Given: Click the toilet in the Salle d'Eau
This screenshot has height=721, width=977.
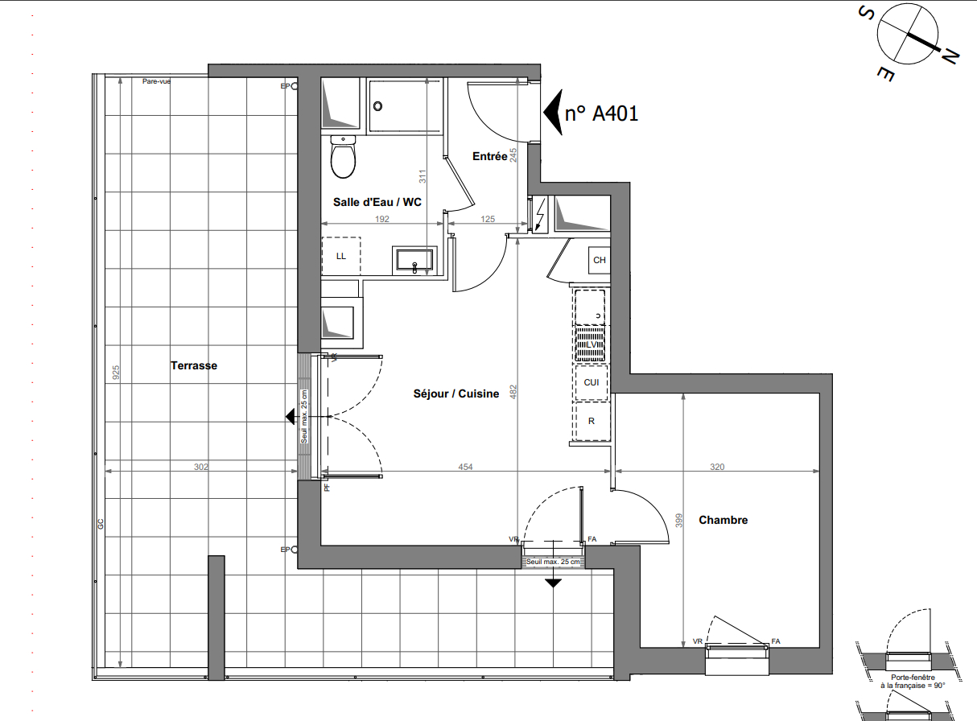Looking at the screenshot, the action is [x=343, y=157].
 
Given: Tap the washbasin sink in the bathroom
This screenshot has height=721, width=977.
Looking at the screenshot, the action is [x=414, y=260].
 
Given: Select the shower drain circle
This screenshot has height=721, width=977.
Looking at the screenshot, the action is [x=377, y=106].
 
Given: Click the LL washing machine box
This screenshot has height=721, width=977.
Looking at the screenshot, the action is [x=341, y=257].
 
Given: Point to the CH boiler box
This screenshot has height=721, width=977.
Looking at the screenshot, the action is [x=599, y=260].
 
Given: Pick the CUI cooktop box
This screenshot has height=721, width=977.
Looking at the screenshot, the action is [x=592, y=383].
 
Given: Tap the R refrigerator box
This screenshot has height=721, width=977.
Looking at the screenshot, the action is [x=592, y=422].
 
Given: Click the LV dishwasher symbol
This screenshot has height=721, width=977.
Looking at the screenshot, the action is [x=592, y=344].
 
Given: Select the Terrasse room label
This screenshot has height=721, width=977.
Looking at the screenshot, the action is [x=194, y=365].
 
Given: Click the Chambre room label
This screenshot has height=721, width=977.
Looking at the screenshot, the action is [x=723, y=520].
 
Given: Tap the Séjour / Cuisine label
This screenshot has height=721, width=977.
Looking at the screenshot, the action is [x=456, y=393].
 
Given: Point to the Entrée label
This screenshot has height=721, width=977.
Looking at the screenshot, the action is [x=490, y=156].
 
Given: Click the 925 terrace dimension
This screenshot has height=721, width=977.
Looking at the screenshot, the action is [x=116, y=373].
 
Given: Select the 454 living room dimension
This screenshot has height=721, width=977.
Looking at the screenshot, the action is [x=465, y=467].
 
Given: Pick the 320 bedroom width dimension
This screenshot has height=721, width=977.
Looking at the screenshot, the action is [x=717, y=467].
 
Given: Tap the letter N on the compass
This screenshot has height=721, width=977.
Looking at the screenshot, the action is [x=950, y=58].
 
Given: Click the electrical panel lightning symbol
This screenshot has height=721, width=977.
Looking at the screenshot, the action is [x=540, y=216].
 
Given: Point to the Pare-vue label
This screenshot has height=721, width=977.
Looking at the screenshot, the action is [x=156, y=81].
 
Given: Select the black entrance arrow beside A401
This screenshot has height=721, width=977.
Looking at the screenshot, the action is [x=553, y=113].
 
